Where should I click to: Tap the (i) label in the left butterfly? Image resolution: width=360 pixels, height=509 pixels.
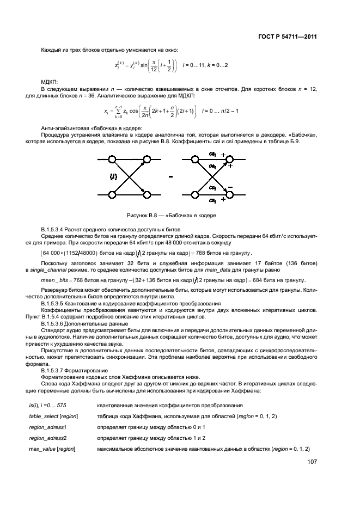[115, 176]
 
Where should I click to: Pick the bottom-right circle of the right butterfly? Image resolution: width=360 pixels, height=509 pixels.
[231, 194]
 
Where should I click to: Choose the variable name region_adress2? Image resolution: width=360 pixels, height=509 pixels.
[48, 437]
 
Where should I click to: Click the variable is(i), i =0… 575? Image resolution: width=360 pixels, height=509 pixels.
[51, 405]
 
